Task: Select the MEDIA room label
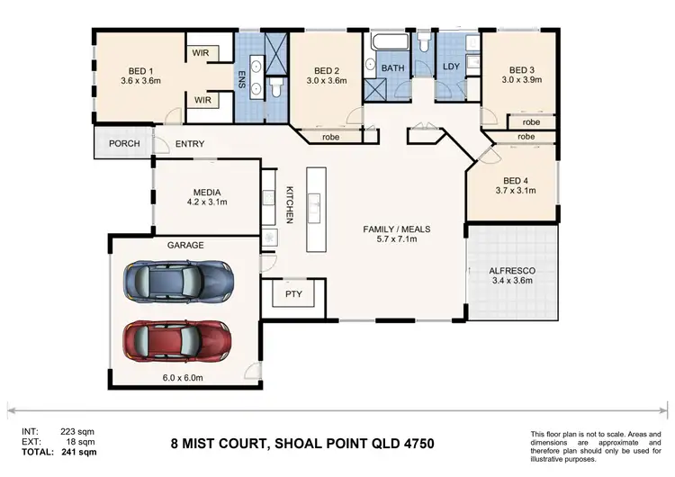[208, 192]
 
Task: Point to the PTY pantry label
[293, 294]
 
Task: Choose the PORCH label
[122, 144]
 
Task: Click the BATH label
[393, 67]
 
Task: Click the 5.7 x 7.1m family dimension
[396, 241]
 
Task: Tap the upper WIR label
[202, 53]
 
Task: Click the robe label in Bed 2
[330, 138]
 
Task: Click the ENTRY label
[190, 144]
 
